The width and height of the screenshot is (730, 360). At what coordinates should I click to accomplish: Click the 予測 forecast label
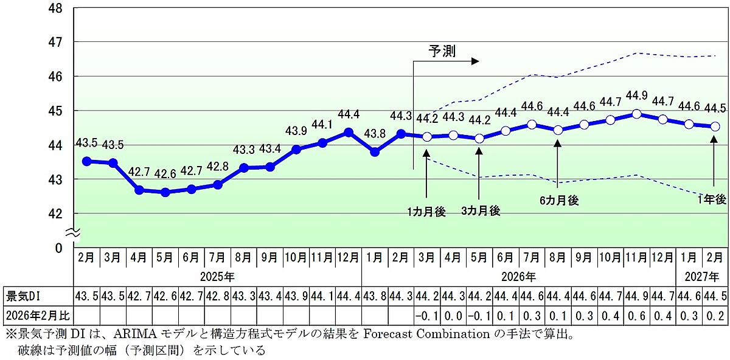click(x=442, y=51)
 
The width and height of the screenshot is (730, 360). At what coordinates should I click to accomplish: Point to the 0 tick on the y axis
click(x=59, y=248)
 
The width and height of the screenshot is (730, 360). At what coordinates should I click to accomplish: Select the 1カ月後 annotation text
click(x=426, y=212)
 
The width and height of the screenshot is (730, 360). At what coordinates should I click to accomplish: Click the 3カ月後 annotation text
click(x=480, y=211)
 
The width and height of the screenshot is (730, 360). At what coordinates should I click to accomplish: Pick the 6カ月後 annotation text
click(x=558, y=200)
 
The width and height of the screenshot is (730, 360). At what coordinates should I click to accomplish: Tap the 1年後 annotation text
click(x=712, y=199)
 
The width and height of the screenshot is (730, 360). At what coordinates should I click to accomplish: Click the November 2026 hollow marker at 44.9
click(x=636, y=114)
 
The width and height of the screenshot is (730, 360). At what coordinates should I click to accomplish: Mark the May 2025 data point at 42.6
click(x=165, y=192)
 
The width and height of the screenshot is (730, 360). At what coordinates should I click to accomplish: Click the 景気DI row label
click(x=23, y=296)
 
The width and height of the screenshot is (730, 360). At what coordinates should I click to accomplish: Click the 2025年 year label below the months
click(x=217, y=277)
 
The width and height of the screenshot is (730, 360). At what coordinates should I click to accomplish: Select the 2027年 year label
click(x=702, y=277)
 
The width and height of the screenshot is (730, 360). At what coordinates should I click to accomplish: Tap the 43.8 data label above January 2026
click(x=375, y=134)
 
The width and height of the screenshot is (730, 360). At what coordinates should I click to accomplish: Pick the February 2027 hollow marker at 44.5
click(x=715, y=126)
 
